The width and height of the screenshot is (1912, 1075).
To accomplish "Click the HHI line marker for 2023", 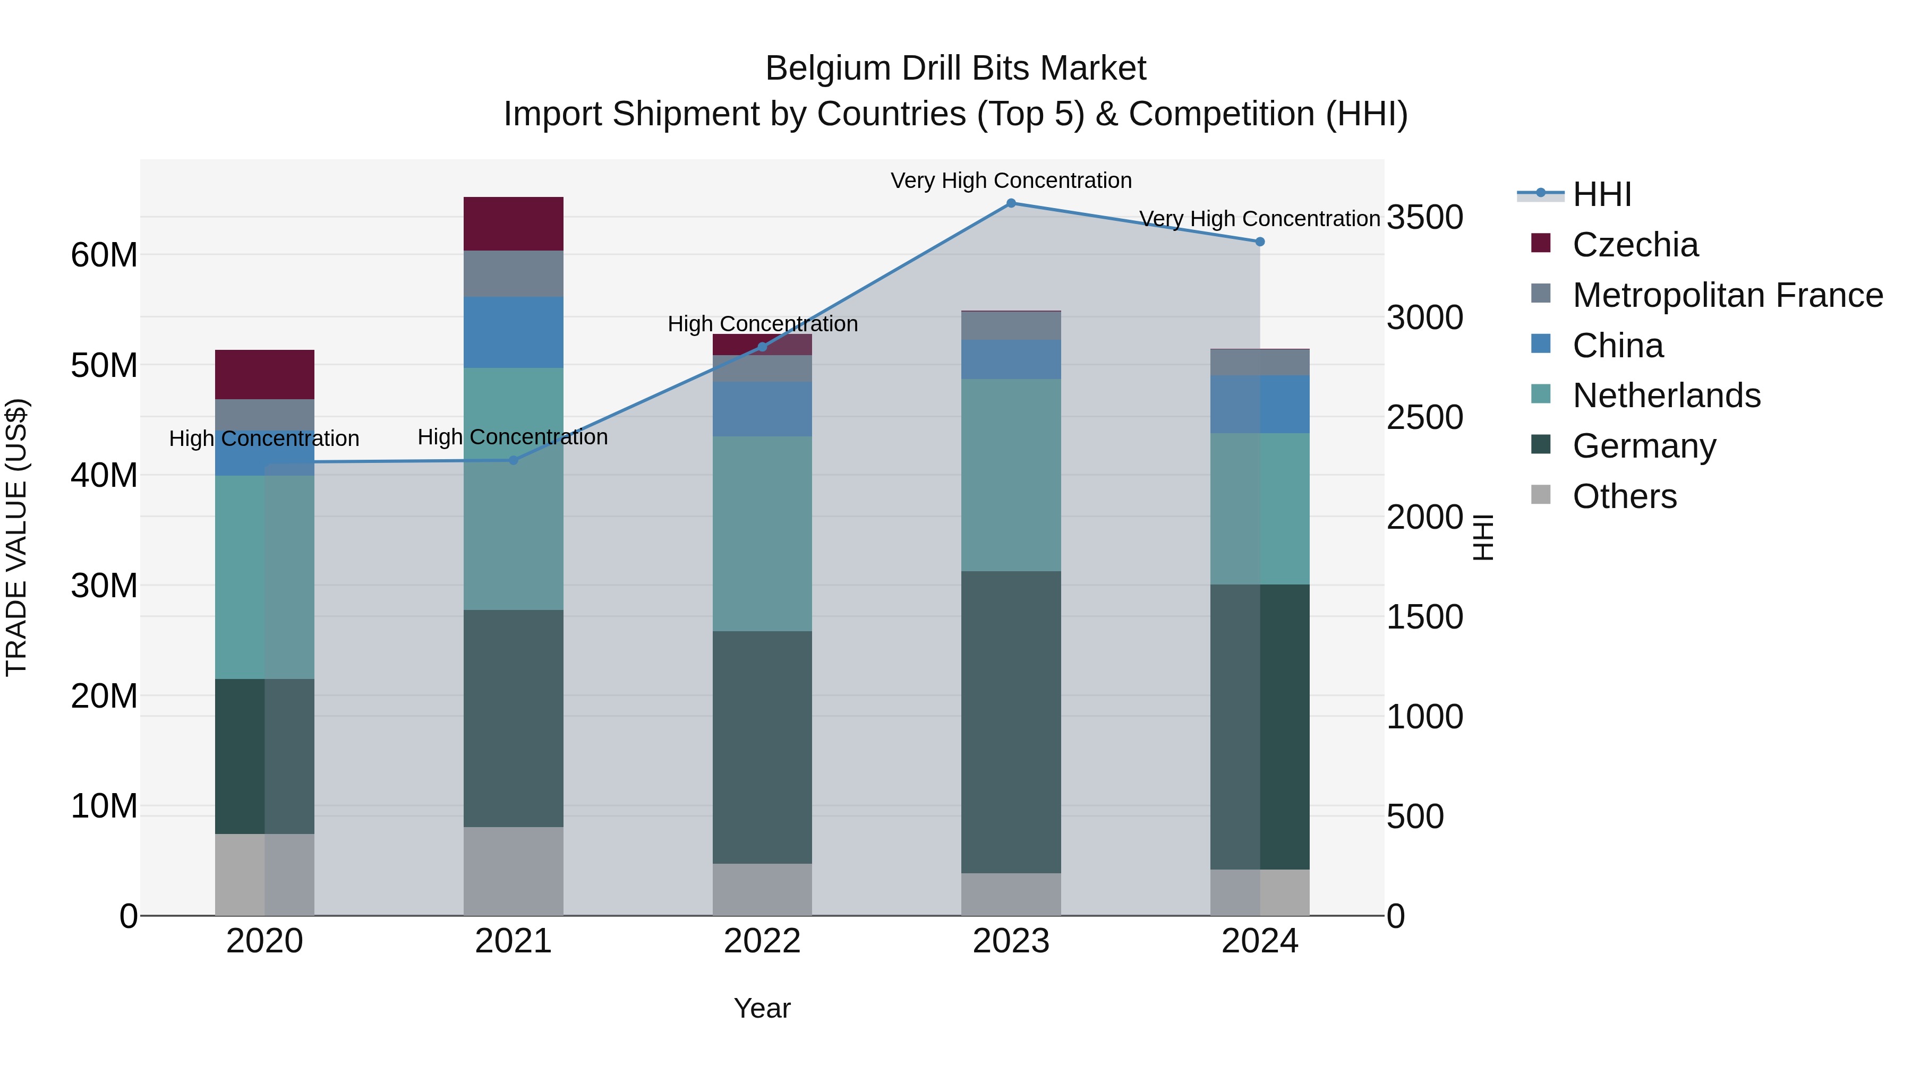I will click(x=1011, y=203).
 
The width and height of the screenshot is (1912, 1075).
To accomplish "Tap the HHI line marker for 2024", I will click(x=1260, y=242).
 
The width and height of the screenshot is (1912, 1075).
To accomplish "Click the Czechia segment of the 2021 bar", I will click(x=513, y=224).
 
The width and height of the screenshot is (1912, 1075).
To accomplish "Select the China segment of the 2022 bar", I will click(x=762, y=409).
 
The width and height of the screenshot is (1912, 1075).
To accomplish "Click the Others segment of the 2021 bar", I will click(x=513, y=871).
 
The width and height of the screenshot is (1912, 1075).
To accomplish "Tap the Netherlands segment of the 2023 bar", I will click(x=1011, y=475).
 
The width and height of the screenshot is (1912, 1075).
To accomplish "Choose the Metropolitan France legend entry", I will click(x=1727, y=295).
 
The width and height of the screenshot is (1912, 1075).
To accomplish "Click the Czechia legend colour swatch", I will click(x=1541, y=243).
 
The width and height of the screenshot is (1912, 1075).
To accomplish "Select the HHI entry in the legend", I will click(x=1602, y=194).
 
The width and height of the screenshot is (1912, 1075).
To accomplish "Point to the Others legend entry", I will click(x=1624, y=496).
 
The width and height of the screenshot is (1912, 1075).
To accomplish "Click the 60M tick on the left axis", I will click(x=104, y=255).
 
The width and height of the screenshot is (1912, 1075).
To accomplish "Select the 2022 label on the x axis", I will click(x=762, y=941).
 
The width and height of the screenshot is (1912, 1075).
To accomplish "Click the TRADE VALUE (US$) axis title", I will click(x=16, y=537).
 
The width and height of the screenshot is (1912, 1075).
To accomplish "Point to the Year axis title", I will click(x=762, y=1008).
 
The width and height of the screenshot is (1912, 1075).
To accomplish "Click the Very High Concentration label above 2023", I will click(x=1011, y=180).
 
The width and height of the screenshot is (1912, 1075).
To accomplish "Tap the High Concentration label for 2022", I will click(x=762, y=324).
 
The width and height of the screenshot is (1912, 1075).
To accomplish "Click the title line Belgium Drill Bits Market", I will click(x=955, y=68).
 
